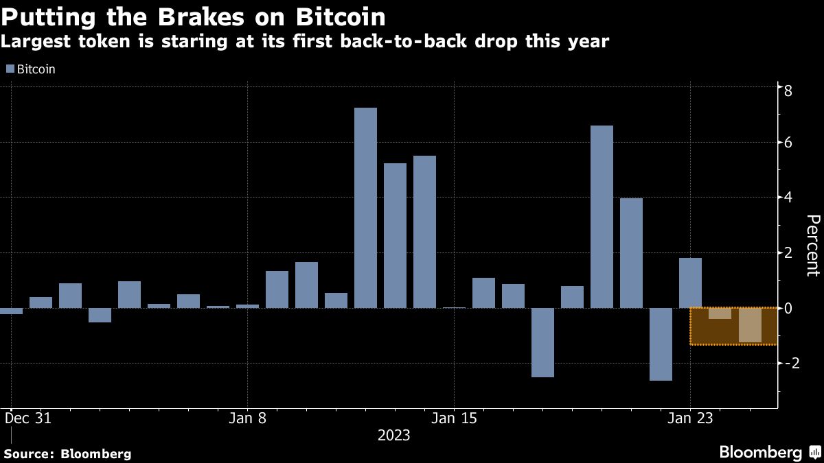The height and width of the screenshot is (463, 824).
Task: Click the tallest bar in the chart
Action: (x=365, y=207)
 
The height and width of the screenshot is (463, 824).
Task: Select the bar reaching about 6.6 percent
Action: (x=602, y=216)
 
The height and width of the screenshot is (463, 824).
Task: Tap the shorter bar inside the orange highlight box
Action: (x=720, y=313)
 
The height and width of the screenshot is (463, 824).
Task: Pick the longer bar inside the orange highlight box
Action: (x=749, y=325)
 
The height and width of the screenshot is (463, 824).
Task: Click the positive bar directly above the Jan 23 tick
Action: (x=690, y=283)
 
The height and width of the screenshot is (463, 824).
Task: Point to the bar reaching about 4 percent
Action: (x=631, y=252)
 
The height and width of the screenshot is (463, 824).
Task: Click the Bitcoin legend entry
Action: (x=30, y=69)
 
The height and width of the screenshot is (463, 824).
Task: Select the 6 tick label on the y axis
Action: (x=788, y=143)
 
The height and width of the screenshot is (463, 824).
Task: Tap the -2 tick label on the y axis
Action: (x=792, y=363)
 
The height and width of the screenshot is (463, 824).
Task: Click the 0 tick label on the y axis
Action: (x=788, y=308)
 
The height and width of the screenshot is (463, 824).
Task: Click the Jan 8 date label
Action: (x=247, y=418)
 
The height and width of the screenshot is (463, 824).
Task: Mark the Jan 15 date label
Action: (x=453, y=418)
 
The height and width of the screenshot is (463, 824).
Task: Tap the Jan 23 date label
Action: (x=690, y=418)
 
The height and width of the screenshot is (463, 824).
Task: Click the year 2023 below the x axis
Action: (x=393, y=436)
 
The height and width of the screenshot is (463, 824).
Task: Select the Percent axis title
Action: (x=813, y=245)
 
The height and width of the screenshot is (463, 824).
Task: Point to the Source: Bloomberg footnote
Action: (x=67, y=453)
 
